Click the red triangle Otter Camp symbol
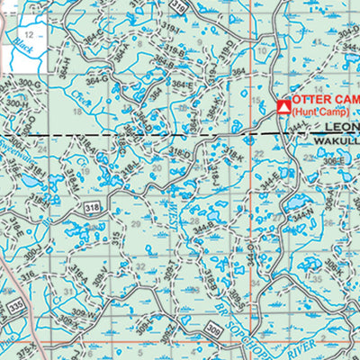click(x=283, y=107)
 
